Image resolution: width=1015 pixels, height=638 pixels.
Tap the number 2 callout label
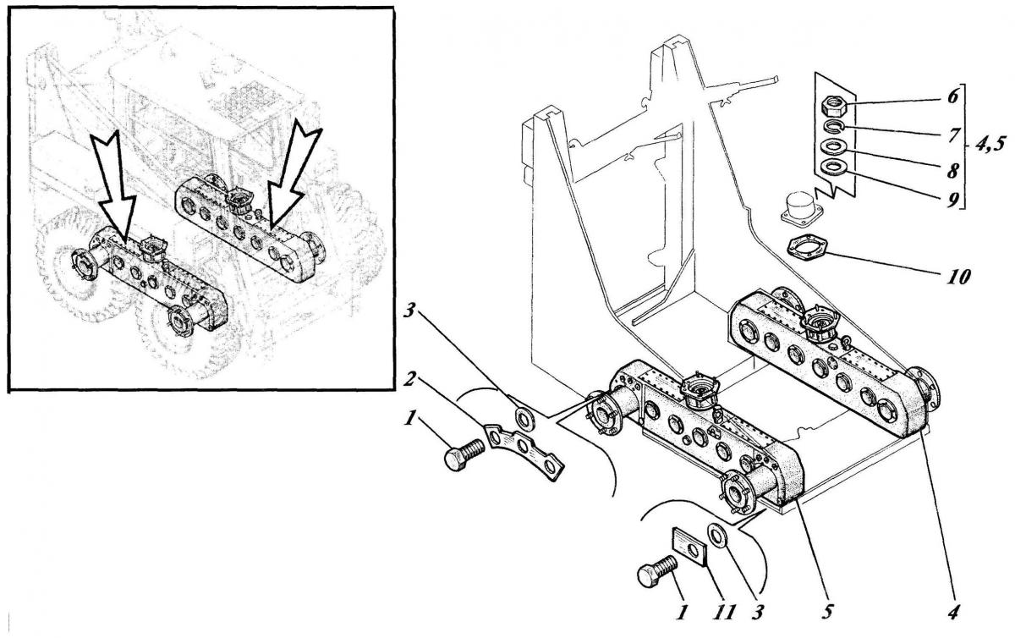[x=409, y=379]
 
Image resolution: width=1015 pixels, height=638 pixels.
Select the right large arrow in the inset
[x=293, y=177]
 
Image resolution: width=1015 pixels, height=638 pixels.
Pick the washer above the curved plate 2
[x=525, y=419]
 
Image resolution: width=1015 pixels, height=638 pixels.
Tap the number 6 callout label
[x=953, y=96]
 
